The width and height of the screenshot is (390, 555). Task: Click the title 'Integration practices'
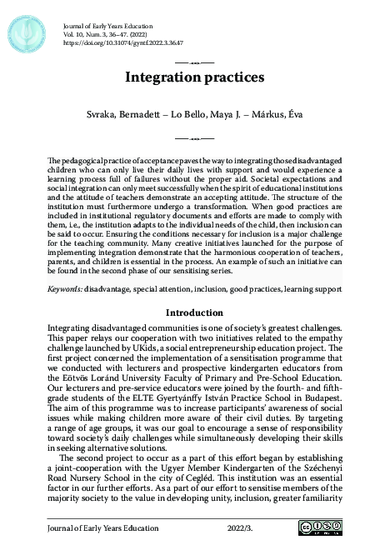[x=194, y=78]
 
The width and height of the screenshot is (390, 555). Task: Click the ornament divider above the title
[x=194, y=62]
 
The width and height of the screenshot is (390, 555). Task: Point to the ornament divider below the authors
[x=194, y=136]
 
